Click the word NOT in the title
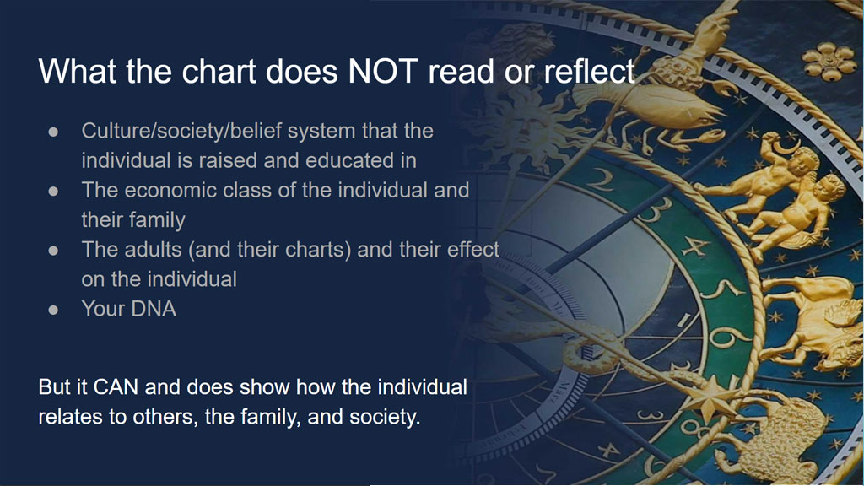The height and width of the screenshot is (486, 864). pos(384,71)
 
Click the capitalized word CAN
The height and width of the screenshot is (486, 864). pos(116,386)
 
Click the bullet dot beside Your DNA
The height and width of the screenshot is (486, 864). pos(53,310)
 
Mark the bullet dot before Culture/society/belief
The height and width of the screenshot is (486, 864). pos(53,132)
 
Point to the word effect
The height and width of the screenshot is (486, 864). pos(472,250)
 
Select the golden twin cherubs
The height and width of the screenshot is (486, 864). pos(782,193)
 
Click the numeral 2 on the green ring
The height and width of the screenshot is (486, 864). pos(602,179)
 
